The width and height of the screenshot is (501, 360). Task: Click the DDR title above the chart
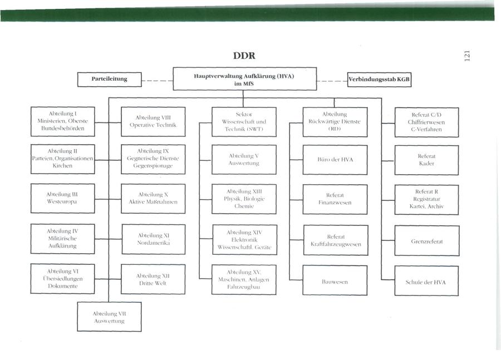[244, 56]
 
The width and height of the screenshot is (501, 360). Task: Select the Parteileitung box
[109, 79]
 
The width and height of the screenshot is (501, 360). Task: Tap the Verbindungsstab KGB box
[379, 80]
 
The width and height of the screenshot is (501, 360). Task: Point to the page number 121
[466, 56]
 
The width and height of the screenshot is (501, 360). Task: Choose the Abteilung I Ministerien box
[62, 121]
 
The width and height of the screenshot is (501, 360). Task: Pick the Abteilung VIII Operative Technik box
[153, 121]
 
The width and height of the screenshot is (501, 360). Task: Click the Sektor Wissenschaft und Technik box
[244, 121]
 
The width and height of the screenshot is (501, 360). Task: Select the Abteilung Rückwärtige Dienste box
[335, 121]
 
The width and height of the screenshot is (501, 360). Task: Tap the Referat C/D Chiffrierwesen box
[426, 122]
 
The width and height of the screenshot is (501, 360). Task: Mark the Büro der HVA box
[335, 160]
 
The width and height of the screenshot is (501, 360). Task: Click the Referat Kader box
[426, 160]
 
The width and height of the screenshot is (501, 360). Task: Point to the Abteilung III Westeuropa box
[62, 198]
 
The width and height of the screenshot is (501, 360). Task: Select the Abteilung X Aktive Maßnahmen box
[153, 198]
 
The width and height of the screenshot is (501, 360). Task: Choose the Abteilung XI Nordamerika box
[153, 239]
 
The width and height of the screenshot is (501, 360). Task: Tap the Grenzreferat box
[426, 240]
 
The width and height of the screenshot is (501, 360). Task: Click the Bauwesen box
[335, 281]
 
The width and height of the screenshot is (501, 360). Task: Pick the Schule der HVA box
[426, 281]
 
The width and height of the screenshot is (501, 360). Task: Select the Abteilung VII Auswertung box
[109, 317]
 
